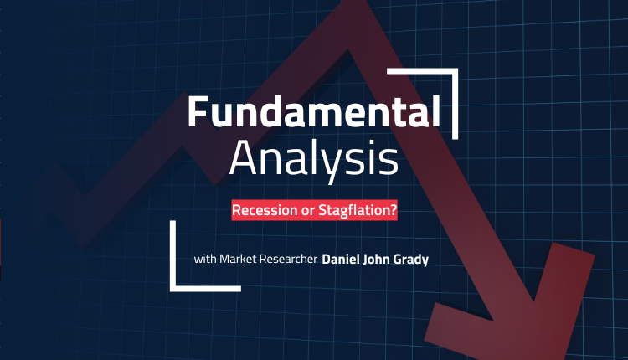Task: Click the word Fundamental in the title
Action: pyautogui.click(x=314, y=111)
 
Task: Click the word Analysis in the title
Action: pyautogui.click(x=314, y=159)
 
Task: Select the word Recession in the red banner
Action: pyautogui.click(x=265, y=210)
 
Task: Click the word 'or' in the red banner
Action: pyautogui.click(x=307, y=211)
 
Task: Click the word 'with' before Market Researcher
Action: pyautogui.click(x=205, y=259)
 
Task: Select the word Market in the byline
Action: pyautogui.click(x=237, y=259)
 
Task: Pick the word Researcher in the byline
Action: pyautogui.click(x=287, y=259)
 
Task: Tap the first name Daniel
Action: pyautogui.click(x=341, y=259)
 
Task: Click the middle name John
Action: pyautogui.click(x=376, y=259)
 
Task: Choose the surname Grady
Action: pyautogui.click(x=411, y=260)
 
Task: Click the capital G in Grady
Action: pyautogui.click(x=399, y=259)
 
